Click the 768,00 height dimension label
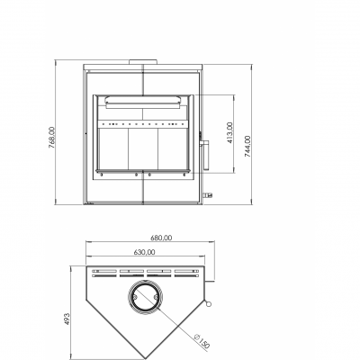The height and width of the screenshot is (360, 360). [x=51, y=138]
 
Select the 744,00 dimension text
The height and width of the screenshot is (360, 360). [x=247, y=147]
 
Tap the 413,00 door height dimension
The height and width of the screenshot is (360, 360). [x=230, y=132]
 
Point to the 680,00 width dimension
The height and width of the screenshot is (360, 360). [x=161, y=238]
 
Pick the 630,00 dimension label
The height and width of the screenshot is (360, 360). [x=144, y=252]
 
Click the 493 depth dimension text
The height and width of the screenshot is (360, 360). [x=67, y=319]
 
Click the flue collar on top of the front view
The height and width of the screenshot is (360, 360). [x=143, y=62]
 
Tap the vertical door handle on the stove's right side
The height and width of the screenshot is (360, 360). [x=206, y=156]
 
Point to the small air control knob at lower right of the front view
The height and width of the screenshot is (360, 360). [x=208, y=195]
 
